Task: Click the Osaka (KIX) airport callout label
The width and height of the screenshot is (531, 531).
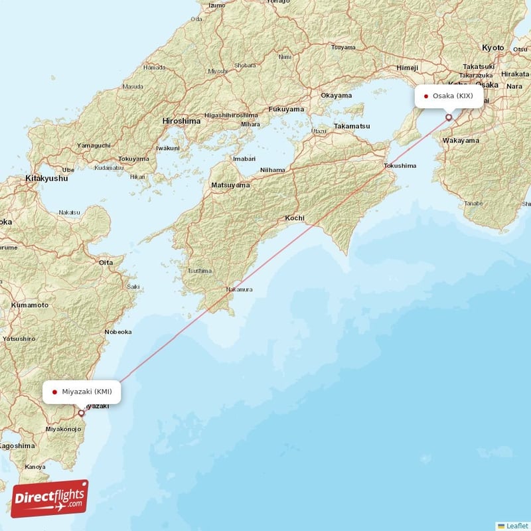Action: point(449,96)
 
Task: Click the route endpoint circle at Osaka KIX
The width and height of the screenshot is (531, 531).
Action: point(449,117)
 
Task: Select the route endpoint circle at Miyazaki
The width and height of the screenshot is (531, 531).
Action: point(81,413)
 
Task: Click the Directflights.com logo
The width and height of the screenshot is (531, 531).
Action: point(49,498)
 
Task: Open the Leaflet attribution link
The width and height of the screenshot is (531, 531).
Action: point(514,525)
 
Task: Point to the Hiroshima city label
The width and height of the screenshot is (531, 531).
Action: point(181,121)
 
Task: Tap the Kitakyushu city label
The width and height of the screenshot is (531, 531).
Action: point(46,179)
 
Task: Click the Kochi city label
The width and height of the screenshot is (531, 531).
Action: point(295,218)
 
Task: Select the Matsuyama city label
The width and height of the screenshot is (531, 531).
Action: point(230,185)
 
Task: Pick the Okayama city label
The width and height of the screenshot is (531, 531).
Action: point(336,96)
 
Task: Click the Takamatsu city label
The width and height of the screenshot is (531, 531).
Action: point(352,126)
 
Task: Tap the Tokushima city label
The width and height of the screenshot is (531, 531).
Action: point(400,165)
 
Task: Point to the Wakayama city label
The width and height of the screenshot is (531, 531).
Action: point(461,141)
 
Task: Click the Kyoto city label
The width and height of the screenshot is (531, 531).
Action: point(493,48)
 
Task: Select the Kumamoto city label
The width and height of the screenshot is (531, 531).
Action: point(30,305)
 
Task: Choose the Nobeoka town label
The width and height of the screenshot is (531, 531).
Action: point(117,332)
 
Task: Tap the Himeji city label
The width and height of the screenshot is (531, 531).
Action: point(407,68)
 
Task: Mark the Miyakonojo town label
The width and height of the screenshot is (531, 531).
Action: point(63,429)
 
